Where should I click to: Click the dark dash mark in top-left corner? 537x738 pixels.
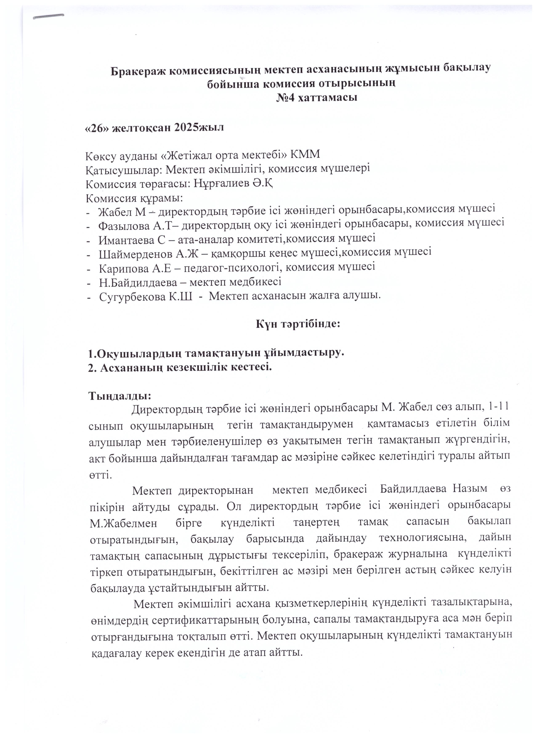tap(49, 17)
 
